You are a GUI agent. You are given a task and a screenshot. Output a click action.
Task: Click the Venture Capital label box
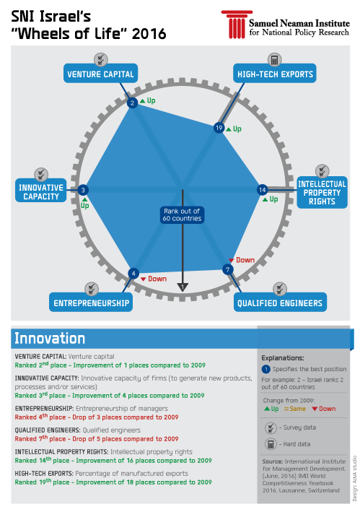pyautogui.click(x=100, y=74)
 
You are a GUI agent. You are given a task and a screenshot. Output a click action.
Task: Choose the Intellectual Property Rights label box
pyautogui.click(x=322, y=192)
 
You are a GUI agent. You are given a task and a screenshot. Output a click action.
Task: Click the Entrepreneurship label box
pyautogui.click(x=92, y=303)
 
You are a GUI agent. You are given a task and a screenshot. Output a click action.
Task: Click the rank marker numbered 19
pyautogui.click(x=219, y=128)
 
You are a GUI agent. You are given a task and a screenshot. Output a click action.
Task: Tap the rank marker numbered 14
pyautogui.click(x=263, y=189)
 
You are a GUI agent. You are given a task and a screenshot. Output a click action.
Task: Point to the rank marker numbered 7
pyautogui.click(x=228, y=270)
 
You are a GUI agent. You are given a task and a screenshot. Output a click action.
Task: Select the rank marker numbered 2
pyautogui.click(x=132, y=103)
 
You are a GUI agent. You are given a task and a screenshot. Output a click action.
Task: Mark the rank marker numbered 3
pyautogui.click(x=84, y=190)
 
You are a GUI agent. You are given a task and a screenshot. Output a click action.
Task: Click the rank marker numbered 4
pyautogui.click(x=133, y=273)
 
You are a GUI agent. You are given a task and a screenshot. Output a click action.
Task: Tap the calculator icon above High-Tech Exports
pyautogui.click(x=274, y=58)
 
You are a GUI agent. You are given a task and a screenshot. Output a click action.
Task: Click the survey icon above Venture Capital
pyautogui.click(x=102, y=58)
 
